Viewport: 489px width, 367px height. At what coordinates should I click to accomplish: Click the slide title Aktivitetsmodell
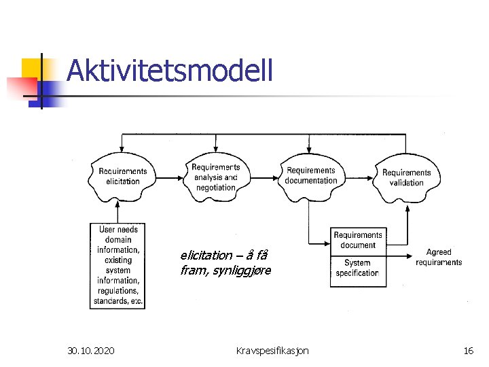pos(170,70)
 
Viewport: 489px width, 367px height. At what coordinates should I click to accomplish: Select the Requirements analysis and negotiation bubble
pos(215,177)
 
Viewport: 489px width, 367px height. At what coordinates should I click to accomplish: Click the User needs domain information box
pos(117,266)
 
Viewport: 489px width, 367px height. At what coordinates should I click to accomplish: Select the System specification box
pos(357,268)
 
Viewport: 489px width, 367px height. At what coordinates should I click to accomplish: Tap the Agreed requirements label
pos(439,257)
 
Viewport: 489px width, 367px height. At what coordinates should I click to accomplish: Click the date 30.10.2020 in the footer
pos(91,351)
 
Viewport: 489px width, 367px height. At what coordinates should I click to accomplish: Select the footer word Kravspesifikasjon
pos(272,351)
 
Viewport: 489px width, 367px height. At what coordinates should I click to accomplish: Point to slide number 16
pos(468,351)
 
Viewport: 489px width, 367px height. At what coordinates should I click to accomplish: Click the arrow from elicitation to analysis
pos(169,179)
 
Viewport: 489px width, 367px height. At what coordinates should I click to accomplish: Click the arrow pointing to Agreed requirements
pos(401,256)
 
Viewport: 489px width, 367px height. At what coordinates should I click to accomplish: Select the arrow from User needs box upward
pos(117,212)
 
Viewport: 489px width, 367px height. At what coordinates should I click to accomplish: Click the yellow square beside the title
pos(31,68)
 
